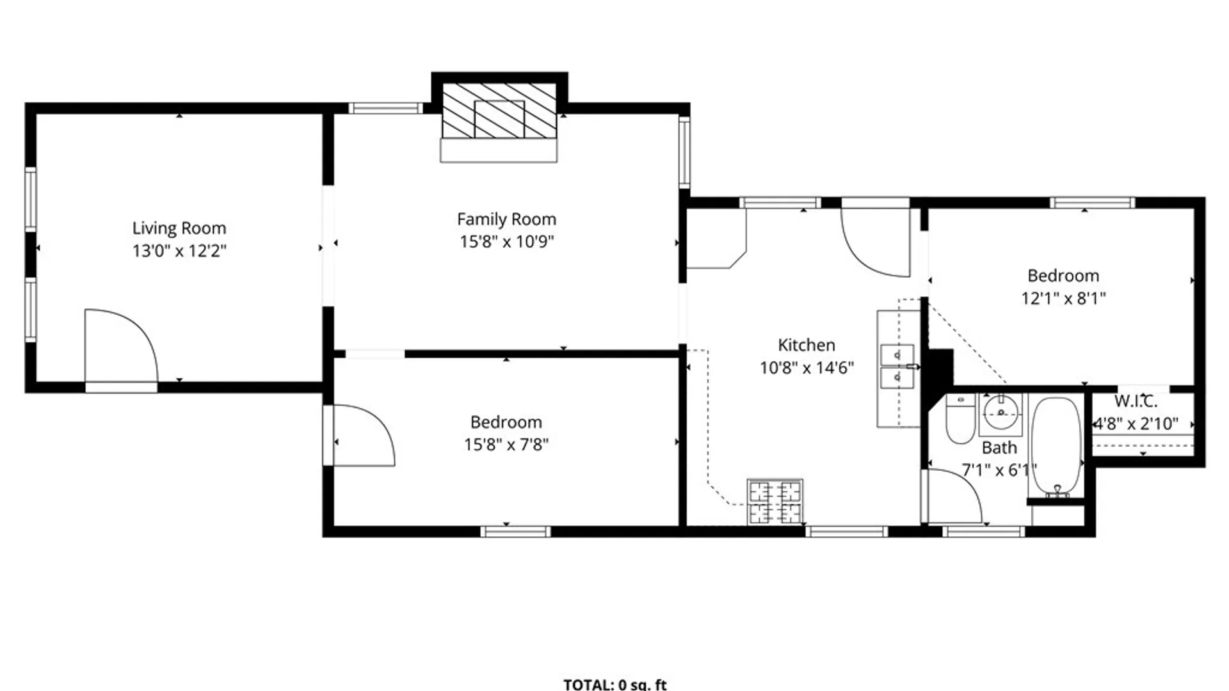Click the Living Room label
coord(179,228)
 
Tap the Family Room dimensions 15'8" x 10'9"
coord(506,242)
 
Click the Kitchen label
coord(806,345)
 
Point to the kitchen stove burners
coord(775,502)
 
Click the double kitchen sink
coord(897,367)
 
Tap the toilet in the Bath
coord(960,420)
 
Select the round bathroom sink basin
coord(1000,413)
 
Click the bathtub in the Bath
coord(1056,447)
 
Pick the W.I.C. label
coord(1136,402)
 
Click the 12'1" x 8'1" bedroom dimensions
coord(1063,298)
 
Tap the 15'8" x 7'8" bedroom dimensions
coord(506,445)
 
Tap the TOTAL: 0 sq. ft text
coord(614,685)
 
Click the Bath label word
coord(999,448)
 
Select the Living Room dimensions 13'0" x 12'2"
coord(179,251)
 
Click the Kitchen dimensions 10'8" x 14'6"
coord(807,368)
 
